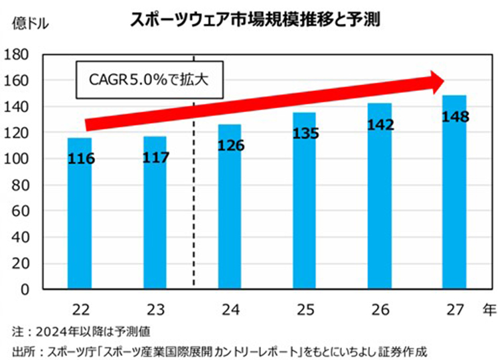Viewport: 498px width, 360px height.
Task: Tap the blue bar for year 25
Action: coord(304,213)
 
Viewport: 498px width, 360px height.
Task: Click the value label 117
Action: coord(156,158)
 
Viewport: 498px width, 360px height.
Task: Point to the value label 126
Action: coord(230,145)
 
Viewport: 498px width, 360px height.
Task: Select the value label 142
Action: coord(380,125)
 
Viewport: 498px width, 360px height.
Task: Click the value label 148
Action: coord(455,117)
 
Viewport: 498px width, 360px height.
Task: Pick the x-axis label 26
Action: coord(379,309)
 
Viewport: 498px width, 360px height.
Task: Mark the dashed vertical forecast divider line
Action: coord(193,199)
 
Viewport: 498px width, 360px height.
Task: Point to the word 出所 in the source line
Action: coord(23,350)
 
